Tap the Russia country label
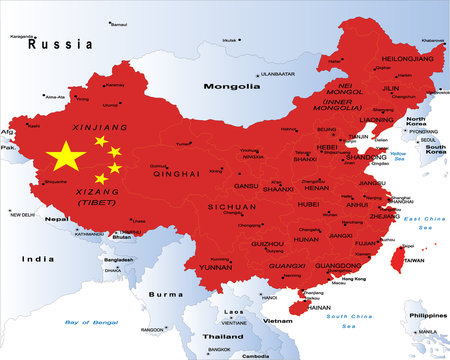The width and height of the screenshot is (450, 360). pyautogui.click(x=62, y=44)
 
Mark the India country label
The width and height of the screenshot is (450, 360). pyautogui.click(x=38, y=259)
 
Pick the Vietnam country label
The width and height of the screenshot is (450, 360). pyautogui.click(x=278, y=319)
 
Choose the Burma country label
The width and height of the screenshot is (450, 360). pyautogui.click(x=166, y=294)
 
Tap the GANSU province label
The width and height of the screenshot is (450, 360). pyautogui.click(x=246, y=186)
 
